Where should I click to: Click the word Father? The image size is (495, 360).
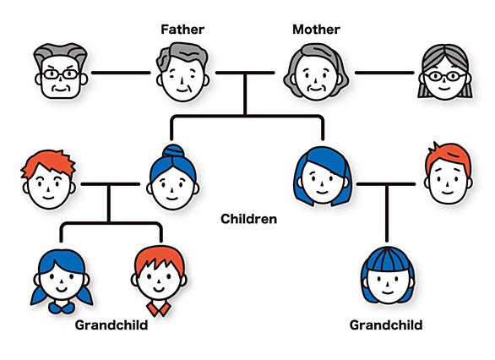[182, 30]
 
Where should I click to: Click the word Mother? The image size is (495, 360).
[316, 30]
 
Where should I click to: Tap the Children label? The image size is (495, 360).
[248, 219]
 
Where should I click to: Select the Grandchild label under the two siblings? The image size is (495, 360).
[112, 325]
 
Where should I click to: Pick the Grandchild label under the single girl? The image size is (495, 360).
[386, 325]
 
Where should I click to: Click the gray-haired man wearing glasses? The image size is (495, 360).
[61, 71]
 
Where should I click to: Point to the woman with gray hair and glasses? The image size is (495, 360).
[445, 72]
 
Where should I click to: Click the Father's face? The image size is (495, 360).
[182, 72]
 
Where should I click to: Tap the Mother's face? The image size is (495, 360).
[316, 72]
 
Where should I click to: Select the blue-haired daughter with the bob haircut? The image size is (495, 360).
[323, 176]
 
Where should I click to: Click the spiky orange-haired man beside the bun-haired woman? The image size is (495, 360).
[48, 179]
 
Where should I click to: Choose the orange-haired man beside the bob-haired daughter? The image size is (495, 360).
[449, 173]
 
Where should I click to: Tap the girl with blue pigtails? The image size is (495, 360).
[62, 281]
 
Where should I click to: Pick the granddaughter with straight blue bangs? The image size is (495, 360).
[388, 275]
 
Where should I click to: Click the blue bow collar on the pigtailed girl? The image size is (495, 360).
[62, 308]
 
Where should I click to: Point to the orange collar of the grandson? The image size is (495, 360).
[159, 309]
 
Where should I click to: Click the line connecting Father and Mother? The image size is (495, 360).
[245, 73]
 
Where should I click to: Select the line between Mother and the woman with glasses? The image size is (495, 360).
[384, 73]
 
